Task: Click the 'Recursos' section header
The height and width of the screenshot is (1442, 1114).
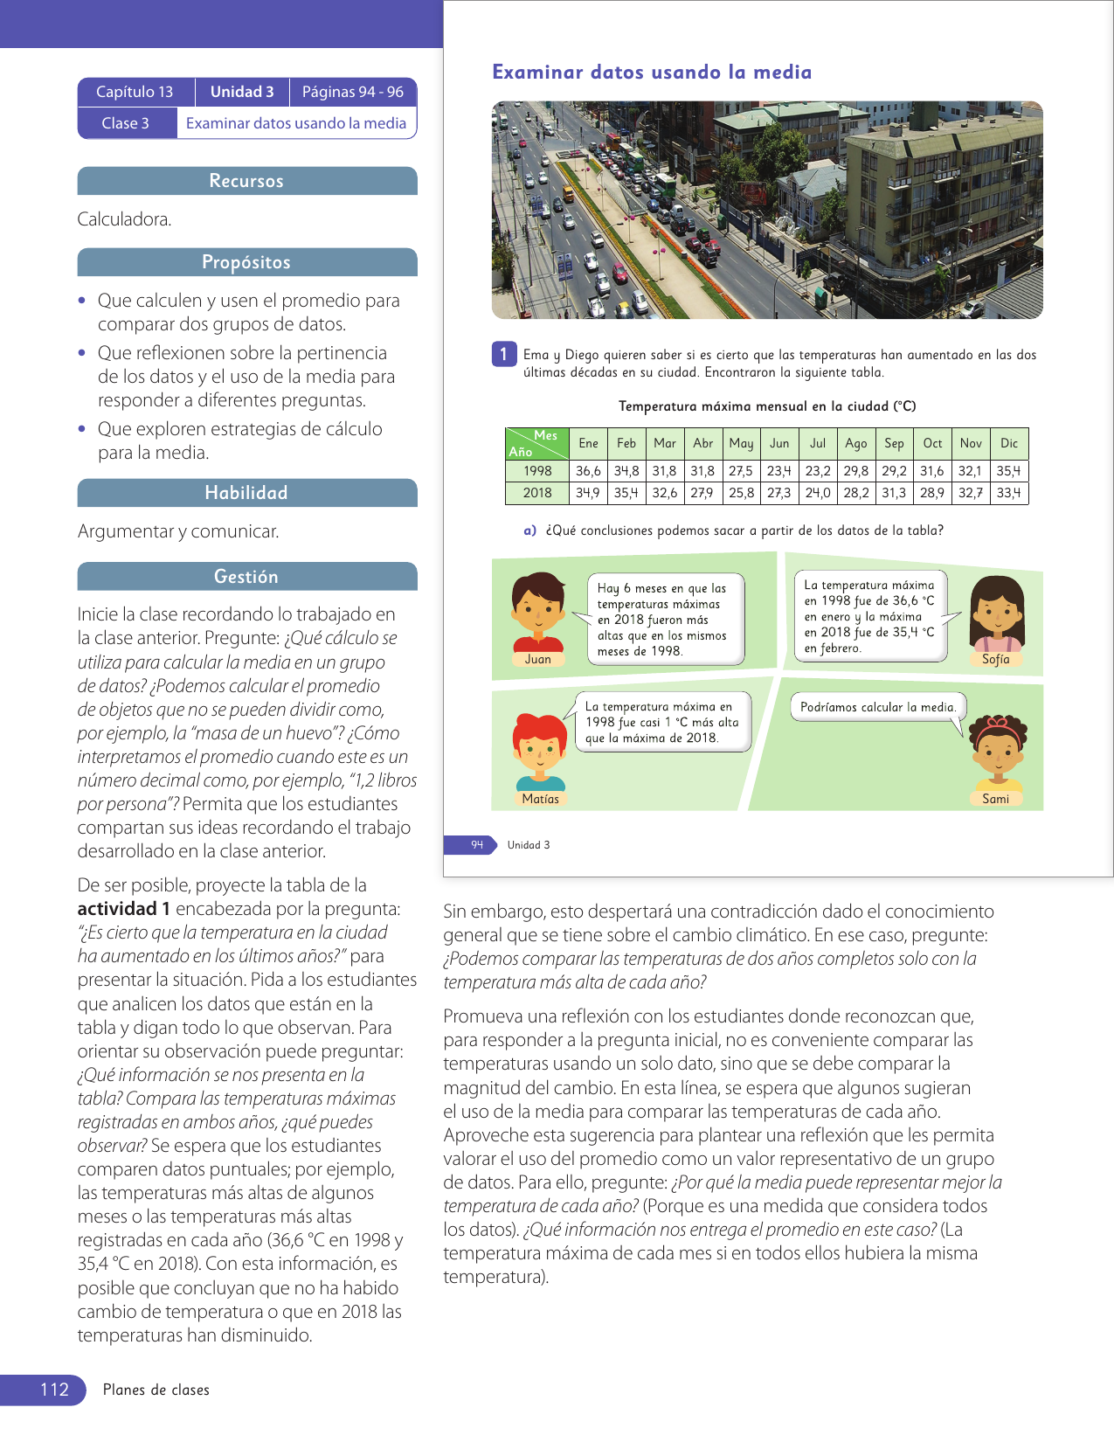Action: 246,181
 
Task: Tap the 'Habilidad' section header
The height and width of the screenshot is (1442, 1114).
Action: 246,493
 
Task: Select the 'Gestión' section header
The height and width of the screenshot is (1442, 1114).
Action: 246,577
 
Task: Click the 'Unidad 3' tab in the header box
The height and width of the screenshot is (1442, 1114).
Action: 242,92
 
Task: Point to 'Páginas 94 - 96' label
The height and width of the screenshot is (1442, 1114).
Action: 353,92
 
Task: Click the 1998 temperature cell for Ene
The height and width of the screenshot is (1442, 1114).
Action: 588,471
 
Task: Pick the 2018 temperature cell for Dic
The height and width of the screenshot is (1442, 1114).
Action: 1008,493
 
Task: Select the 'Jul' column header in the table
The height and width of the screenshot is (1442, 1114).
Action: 818,443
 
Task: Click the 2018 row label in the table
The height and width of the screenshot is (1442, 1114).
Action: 537,493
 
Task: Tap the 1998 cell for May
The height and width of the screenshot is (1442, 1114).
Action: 741,471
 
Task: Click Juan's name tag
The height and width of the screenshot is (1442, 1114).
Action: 538,659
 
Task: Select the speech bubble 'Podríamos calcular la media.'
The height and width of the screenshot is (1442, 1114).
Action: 877,707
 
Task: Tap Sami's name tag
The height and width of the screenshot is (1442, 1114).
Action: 995,799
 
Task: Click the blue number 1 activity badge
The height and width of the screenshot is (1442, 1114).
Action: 503,354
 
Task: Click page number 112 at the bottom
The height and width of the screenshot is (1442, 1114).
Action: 54,1390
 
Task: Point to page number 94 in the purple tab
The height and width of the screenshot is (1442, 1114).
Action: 477,844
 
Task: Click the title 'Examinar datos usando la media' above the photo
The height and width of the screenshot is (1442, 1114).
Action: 652,73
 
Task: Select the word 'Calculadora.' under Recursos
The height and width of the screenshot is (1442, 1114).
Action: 124,219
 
